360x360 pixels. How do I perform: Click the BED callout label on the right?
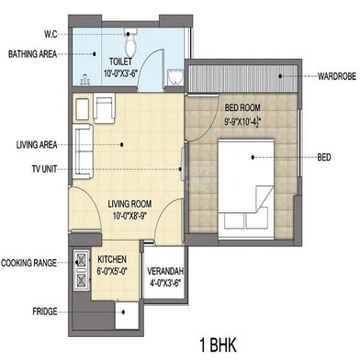tap(324, 157)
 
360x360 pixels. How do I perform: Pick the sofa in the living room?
tap(83, 144)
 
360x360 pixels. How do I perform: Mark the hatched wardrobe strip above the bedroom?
tap(241, 74)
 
